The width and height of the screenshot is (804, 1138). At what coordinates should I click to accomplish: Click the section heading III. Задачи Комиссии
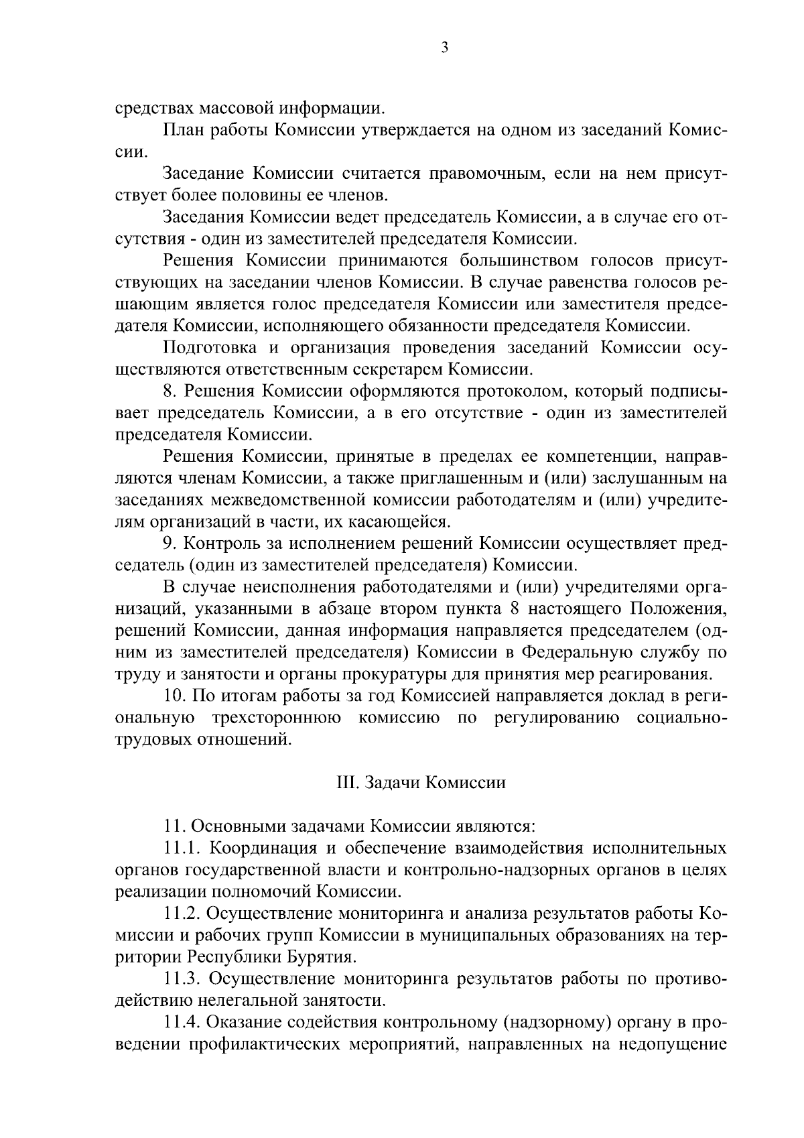point(420,783)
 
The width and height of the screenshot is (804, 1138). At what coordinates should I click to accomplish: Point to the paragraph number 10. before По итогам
point(174,696)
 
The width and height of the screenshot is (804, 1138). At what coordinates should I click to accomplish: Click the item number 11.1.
point(184,848)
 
